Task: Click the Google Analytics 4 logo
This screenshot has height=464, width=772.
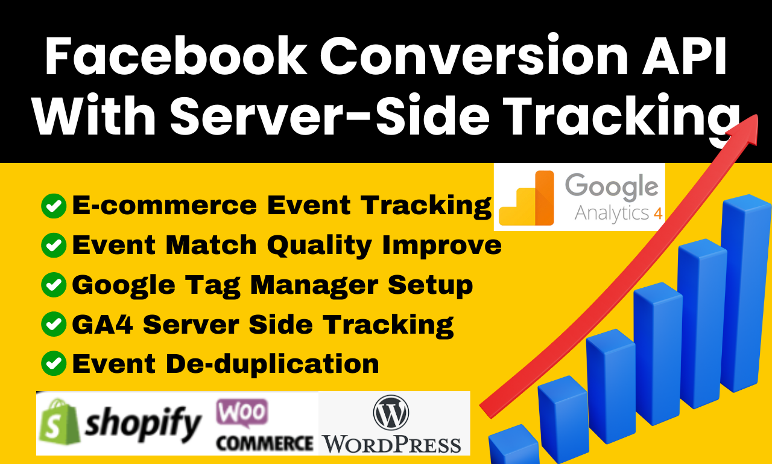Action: tap(579, 197)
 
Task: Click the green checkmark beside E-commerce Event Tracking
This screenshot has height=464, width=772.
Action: tap(54, 206)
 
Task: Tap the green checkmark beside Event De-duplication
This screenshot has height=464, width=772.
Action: tap(54, 363)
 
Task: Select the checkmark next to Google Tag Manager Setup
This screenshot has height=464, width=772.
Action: tap(54, 285)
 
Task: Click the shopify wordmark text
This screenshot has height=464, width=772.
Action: tap(144, 424)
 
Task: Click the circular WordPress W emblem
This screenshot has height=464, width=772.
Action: tap(391, 413)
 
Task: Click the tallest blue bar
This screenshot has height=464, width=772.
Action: tap(745, 296)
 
